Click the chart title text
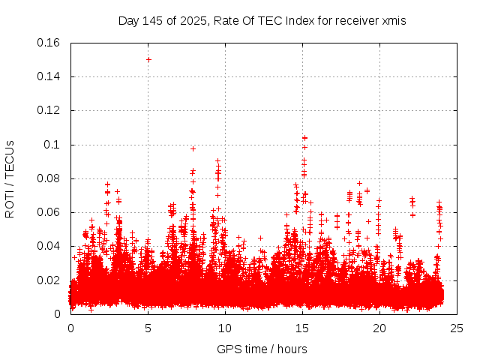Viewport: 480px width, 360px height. [x=262, y=21]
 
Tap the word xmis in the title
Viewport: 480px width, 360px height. [x=393, y=21]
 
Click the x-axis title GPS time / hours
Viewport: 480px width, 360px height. [x=262, y=349]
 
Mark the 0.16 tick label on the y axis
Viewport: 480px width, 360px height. [x=49, y=43]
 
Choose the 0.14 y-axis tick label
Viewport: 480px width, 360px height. [x=49, y=76]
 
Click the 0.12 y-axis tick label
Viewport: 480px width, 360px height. [x=49, y=110]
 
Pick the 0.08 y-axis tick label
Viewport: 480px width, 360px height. [x=49, y=178]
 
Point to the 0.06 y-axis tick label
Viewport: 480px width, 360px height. [x=49, y=212]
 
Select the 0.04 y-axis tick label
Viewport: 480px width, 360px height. [x=49, y=246]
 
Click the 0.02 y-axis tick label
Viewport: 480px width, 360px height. [x=49, y=280]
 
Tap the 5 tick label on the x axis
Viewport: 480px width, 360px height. [x=148, y=328]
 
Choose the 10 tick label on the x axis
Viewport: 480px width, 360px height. [x=225, y=328]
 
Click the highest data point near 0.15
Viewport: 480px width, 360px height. [x=148, y=59]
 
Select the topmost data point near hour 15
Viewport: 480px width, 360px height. [x=304, y=138]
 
